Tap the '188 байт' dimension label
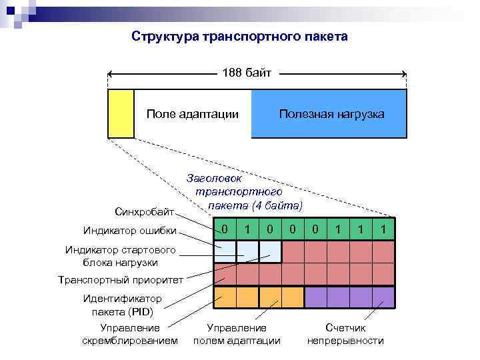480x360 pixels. pos(247,73)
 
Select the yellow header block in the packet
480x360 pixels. pos(121,113)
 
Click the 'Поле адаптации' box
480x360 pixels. pos(192,114)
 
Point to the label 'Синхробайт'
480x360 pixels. pos(145,212)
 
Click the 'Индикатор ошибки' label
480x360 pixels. pos(130,231)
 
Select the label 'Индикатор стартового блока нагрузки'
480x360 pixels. pos(120,256)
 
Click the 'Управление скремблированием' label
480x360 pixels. pos(130,334)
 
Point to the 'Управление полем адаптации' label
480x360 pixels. pos(237,334)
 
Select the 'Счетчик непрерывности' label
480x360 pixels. pos(345,334)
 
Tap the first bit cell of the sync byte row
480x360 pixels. pos(225,229)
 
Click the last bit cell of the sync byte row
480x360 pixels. pos(383,229)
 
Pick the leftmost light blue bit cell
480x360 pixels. pos(225,251)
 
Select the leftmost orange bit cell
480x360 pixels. pos(225,297)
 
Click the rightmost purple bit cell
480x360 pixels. pos(383,297)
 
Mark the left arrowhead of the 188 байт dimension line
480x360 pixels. pos(111,73)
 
